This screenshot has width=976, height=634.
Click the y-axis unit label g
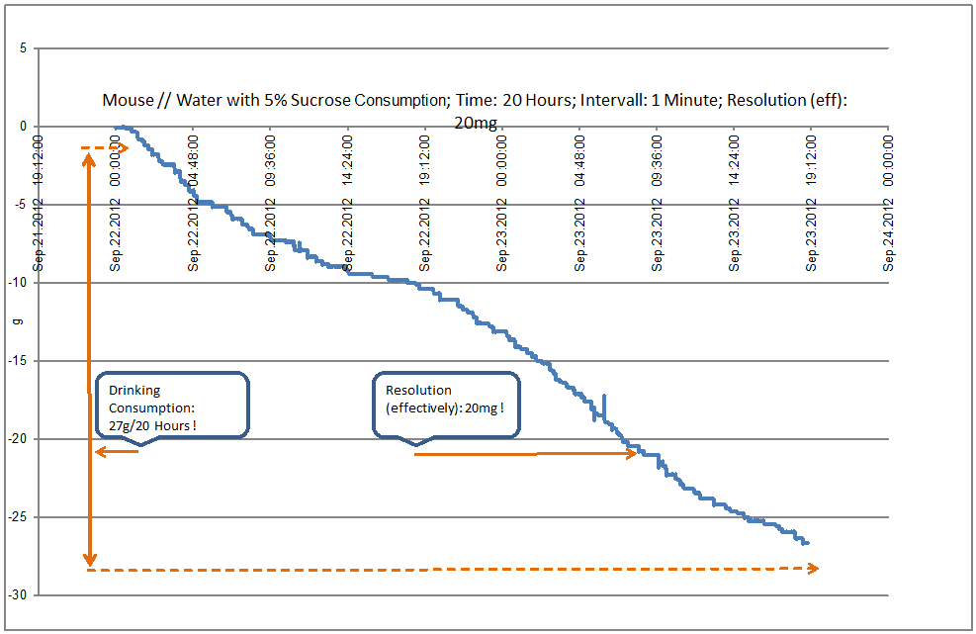pyautogui.click(x=14, y=321)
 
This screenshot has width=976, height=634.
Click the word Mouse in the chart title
pyautogui.click(x=128, y=100)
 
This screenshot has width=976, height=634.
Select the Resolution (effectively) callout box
pyautogui.click(x=445, y=405)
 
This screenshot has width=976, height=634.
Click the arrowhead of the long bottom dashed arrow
pyautogui.click(x=813, y=568)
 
